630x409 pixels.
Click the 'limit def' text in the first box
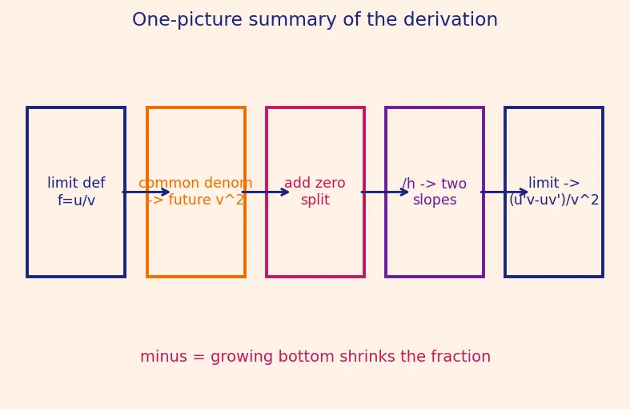[76, 183]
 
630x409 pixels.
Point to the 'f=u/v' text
[76, 200]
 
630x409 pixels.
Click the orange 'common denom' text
[195, 183]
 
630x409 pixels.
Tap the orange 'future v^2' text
[206, 200]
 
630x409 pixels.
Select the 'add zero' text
[315, 183]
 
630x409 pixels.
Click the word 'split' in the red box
[315, 200]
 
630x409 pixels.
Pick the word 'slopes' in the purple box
[435, 200]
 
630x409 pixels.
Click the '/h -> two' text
[435, 183]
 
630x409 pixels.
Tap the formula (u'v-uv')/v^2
[554, 200]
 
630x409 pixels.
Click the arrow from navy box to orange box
[146, 192]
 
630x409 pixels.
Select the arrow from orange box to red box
[265, 192]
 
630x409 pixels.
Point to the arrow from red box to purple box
[384, 192]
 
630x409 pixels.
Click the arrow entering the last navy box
[504, 192]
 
